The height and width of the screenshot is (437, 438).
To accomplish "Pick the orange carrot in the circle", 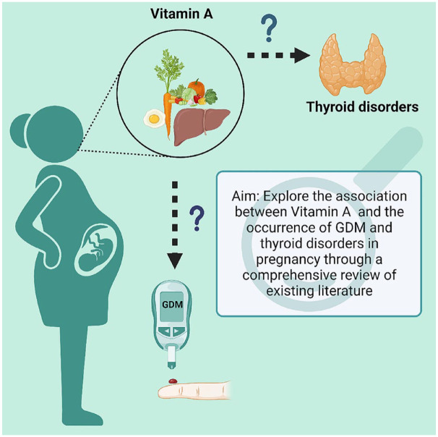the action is click(x=168, y=109).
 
